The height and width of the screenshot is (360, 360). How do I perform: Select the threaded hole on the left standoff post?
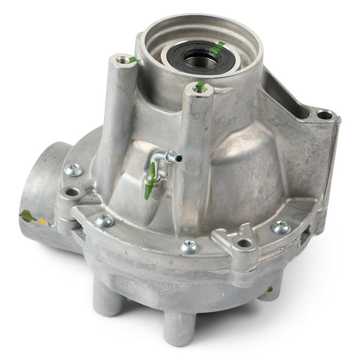122,59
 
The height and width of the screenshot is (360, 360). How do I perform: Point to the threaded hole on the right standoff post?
198,89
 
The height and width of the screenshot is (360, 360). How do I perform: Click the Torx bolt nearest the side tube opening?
73,170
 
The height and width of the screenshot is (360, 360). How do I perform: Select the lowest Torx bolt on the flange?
189,247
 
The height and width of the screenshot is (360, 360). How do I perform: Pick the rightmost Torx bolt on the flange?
281,227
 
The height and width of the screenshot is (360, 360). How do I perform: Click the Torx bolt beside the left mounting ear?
104,220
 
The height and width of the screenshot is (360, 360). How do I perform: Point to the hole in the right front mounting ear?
244,243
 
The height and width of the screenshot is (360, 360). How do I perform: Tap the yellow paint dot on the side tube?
42,221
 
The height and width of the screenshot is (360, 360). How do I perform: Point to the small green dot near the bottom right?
269,289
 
